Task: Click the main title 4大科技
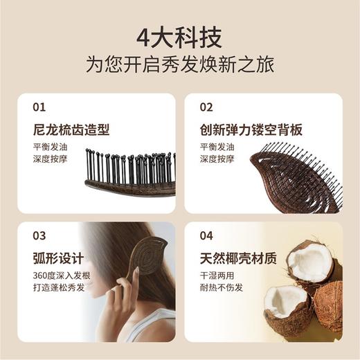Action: pyautogui.click(x=179, y=35)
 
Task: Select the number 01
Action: pyautogui.click(x=39, y=107)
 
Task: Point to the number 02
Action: pyautogui.click(x=206, y=107)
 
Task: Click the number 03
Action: pyautogui.click(x=39, y=235)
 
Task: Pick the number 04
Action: pyautogui.click(x=206, y=235)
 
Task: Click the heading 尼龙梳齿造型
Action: pyautogui.click(x=71, y=130)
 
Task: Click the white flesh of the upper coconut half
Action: pyautogui.click(x=309, y=262)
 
